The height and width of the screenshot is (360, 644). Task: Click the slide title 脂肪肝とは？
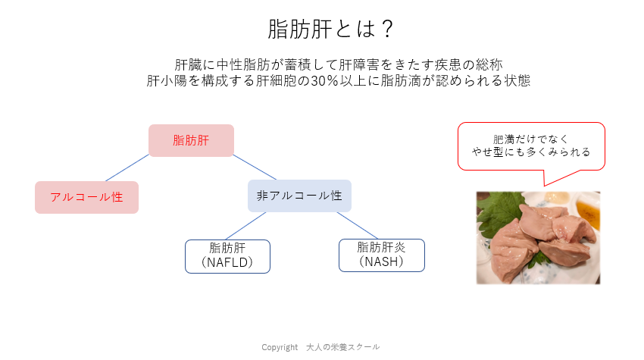pyautogui.click(x=330, y=29)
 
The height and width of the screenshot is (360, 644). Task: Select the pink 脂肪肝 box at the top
pyautogui.click(x=192, y=140)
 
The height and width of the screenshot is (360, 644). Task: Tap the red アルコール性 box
pyautogui.click(x=86, y=197)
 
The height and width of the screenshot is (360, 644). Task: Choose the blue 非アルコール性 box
pyautogui.click(x=299, y=196)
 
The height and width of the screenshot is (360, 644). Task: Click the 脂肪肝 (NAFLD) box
pyautogui.click(x=227, y=256)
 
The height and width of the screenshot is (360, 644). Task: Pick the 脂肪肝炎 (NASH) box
pyautogui.click(x=382, y=255)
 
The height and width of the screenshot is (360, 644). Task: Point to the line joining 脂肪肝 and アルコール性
pyautogui.click(x=127, y=167)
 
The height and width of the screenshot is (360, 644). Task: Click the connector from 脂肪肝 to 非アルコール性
pyautogui.click(x=255, y=167)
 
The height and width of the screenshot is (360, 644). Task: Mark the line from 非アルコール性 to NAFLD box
pyautogui.click(x=246, y=226)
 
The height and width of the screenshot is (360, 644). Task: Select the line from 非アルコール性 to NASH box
pyautogui.click(x=358, y=225)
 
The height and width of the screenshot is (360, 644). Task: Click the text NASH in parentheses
pyautogui.click(x=381, y=261)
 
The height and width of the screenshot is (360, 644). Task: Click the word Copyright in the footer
pyautogui.click(x=280, y=348)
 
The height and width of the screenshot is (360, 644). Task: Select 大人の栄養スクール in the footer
pyautogui.click(x=343, y=347)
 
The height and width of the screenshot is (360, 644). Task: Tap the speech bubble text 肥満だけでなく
pyautogui.click(x=530, y=139)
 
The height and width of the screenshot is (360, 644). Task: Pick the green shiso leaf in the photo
pyautogui.click(x=500, y=211)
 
